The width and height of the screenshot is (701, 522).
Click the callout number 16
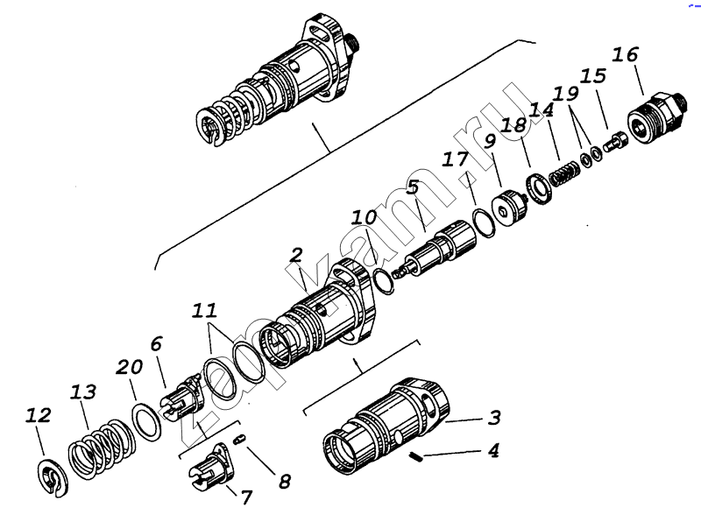(x=625, y=55)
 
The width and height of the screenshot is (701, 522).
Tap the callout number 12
(x=38, y=416)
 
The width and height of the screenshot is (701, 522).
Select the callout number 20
(x=129, y=367)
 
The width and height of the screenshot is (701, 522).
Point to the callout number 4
(x=493, y=450)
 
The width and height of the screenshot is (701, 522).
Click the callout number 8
(x=284, y=482)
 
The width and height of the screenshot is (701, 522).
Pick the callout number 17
(x=455, y=159)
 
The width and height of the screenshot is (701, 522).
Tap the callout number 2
(x=296, y=255)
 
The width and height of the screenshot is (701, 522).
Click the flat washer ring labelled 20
(x=146, y=421)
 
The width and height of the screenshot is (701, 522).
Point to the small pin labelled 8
(x=240, y=440)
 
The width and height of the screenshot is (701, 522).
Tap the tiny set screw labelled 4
(x=415, y=457)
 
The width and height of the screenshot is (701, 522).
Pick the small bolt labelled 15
(x=616, y=140)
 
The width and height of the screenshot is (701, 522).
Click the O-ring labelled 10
(x=383, y=281)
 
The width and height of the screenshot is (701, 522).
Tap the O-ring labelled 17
(x=485, y=222)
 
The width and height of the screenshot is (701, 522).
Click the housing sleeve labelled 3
(x=386, y=426)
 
